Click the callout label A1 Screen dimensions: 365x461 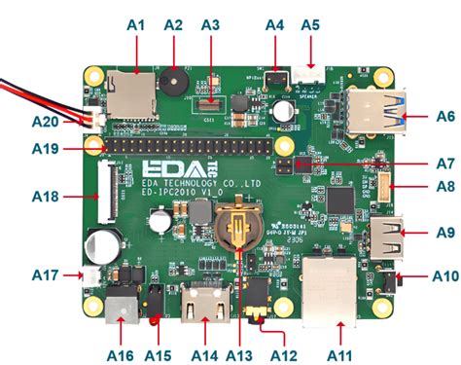point(136,22)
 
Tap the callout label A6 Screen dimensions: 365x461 point(444,116)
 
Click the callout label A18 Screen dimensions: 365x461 point(45,197)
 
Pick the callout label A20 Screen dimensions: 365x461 point(45,121)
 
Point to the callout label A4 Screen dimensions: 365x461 point(275,22)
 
